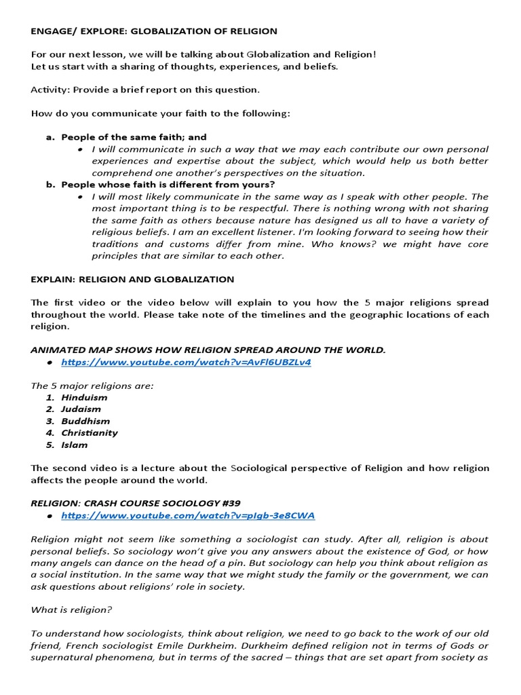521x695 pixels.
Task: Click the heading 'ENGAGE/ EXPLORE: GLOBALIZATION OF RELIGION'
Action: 154,31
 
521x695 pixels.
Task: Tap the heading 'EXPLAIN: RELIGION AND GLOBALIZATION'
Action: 132,279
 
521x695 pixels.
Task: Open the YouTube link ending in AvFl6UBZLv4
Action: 186,362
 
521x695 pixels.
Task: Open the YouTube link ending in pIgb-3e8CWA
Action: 188,515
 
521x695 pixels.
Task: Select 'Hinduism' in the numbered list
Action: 84,397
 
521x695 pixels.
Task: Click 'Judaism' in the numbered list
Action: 81,409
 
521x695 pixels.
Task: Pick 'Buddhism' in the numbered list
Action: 85,421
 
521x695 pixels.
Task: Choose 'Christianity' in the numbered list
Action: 89,433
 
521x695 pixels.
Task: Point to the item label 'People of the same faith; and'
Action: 134,137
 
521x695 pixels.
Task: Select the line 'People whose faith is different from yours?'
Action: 168,185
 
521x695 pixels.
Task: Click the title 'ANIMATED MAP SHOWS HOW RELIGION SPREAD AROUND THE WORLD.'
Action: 208,350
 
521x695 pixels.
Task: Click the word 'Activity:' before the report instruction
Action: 50,90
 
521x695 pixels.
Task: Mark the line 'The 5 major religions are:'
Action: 92,386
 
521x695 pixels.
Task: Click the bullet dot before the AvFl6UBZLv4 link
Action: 50,363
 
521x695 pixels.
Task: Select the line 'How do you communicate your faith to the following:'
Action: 160,113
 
